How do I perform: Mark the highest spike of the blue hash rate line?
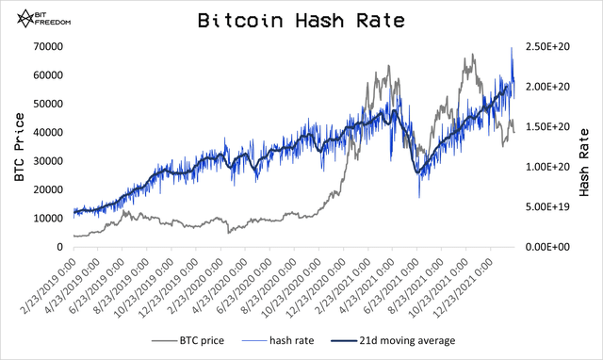click(x=512, y=48)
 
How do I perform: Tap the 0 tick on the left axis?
click(x=59, y=247)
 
